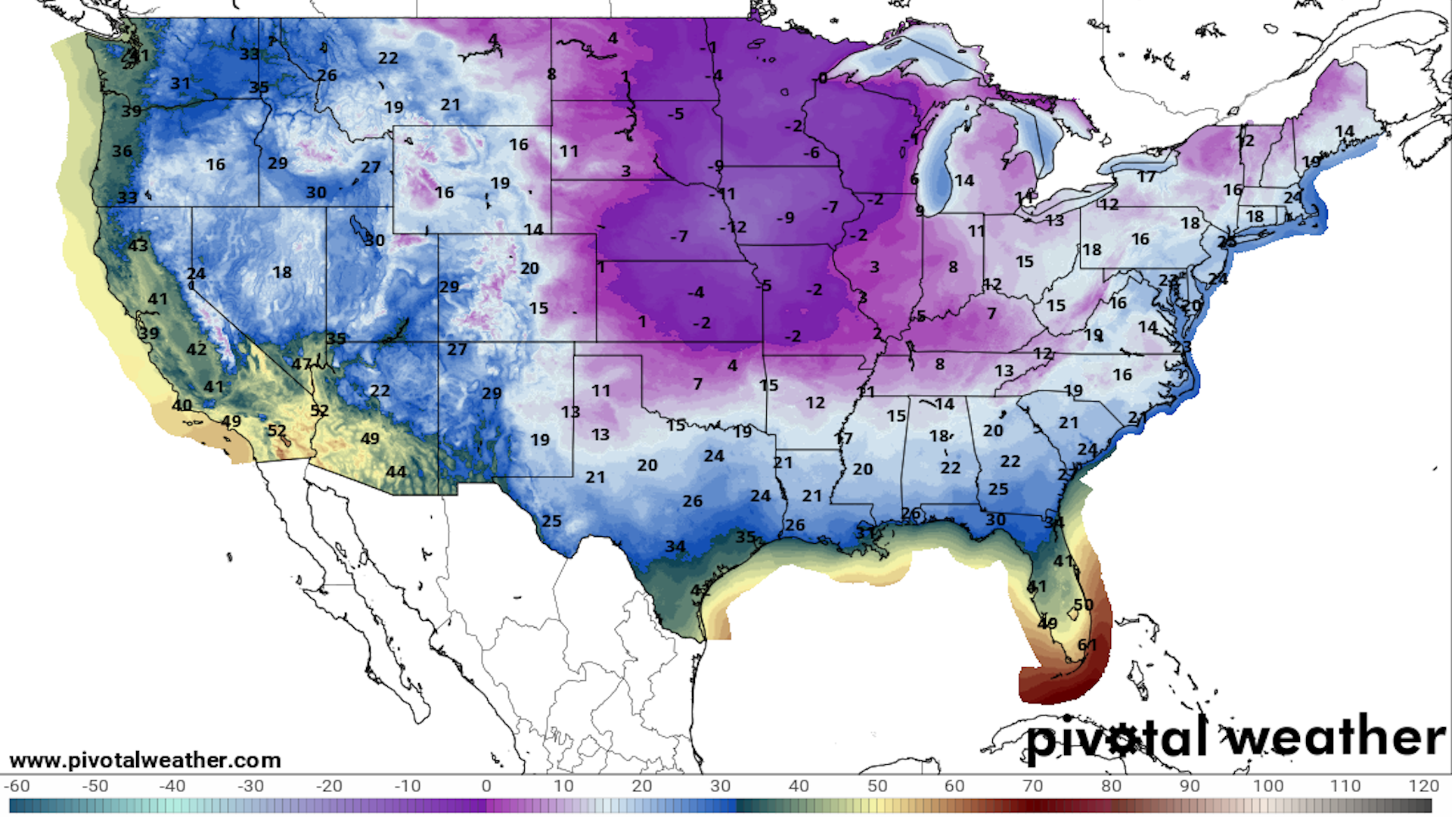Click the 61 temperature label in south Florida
1087,645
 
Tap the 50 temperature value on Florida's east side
1083,605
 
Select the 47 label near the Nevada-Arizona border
302,364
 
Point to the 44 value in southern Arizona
396,472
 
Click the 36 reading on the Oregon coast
123,151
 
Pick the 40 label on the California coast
181,405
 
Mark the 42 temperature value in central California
197,349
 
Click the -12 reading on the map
733,227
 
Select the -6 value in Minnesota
811,153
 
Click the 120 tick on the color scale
1424,786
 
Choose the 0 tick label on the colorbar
486,786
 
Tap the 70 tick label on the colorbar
1032,786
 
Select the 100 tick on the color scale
1267,786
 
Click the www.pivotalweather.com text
145,760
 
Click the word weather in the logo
1335,737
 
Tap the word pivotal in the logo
1115,738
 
